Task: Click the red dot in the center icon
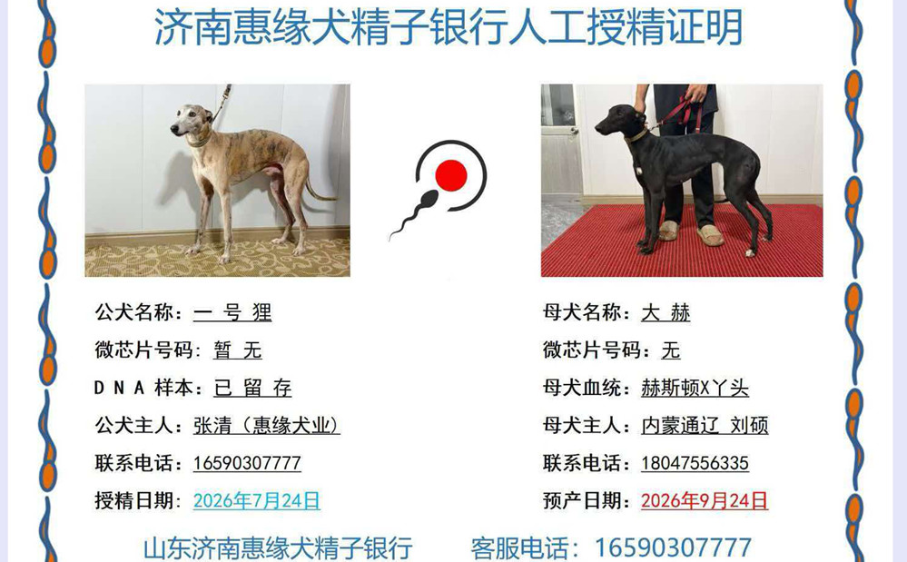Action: point(450,175)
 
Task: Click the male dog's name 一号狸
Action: point(232,313)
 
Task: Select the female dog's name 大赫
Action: point(665,313)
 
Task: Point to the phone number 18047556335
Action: point(695,463)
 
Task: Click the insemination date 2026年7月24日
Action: point(257,500)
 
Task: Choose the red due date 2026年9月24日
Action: point(705,500)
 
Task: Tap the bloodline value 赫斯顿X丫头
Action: point(695,388)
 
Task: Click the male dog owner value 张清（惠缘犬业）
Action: point(267,426)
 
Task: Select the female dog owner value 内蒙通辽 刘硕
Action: point(705,426)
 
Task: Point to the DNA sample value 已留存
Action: point(252,388)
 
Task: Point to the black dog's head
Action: point(617,121)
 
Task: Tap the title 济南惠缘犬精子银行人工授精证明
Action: point(449,26)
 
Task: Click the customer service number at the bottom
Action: point(674,547)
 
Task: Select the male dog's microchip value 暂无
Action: point(238,350)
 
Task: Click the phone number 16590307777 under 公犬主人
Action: point(247,463)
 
